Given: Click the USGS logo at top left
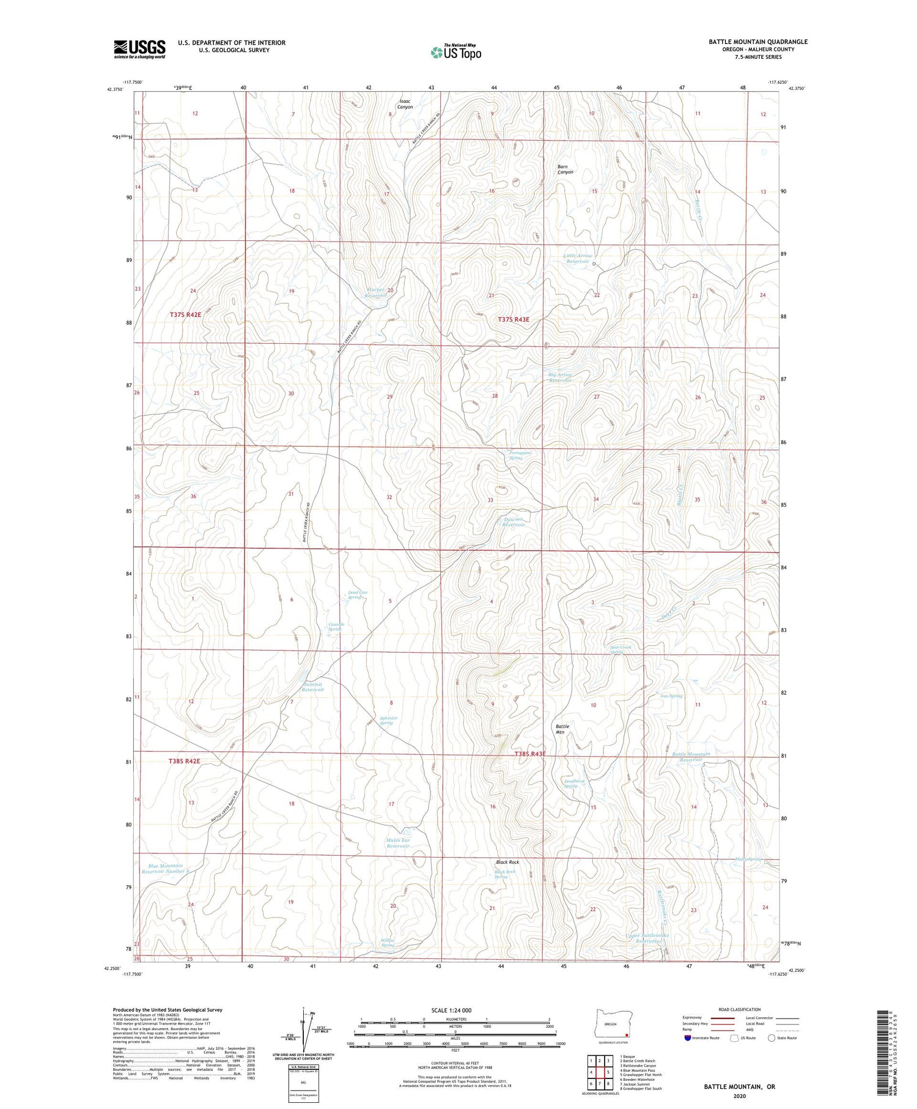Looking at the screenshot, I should [x=139, y=48].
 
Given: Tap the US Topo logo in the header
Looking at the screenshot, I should [x=455, y=52].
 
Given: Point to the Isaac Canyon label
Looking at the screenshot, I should [x=405, y=104].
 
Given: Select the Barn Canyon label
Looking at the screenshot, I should [x=565, y=169].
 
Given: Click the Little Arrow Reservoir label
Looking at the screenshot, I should [x=577, y=259].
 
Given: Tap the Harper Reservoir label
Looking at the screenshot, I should [x=376, y=292].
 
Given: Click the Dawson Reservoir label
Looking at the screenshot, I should [x=514, y=522].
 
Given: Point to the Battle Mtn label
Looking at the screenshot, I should [x=562, y=729].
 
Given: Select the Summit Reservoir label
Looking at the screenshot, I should [x=312, y=686].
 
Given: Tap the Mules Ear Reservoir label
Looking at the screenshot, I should [x=397, y=843].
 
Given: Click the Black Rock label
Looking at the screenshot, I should [x=507, y=862].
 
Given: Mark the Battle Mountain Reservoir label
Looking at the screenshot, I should [x=691, y=757].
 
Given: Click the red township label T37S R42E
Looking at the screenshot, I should [x=185, y=314].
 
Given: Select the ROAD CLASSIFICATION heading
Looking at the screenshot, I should [x=740, y=1009].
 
